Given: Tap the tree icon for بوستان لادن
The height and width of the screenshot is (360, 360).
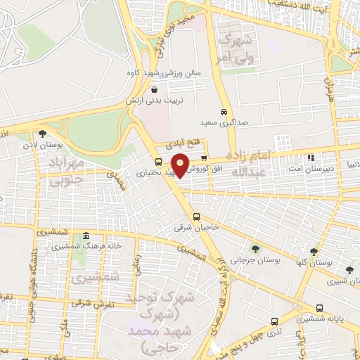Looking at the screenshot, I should [x=42, y=134].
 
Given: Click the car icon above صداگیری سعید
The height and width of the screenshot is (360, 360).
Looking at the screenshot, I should [x=223, y=112].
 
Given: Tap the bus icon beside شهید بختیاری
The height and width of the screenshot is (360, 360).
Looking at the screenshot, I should [x=157, y=162].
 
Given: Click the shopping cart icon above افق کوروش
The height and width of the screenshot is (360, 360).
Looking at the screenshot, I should [x=204, y=158].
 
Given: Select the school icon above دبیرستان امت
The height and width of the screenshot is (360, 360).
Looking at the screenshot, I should [x=311, y=158].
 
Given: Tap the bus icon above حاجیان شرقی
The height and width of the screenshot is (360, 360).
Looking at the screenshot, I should [x=196, y=217].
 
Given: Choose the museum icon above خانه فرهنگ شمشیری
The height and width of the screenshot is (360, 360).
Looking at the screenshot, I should [x=85, y=235].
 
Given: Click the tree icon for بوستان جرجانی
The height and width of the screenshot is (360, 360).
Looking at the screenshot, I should [x=255, y=247].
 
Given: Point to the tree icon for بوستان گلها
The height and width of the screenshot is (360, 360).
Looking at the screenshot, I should [x=314, y=251].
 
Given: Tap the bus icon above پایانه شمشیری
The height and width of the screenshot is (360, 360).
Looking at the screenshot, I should [x=321, y=307].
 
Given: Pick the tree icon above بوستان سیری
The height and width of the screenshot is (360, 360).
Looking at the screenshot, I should [x=349, y=270].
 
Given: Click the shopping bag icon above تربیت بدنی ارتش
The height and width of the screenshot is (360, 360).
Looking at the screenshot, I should [x=154, y=89].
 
